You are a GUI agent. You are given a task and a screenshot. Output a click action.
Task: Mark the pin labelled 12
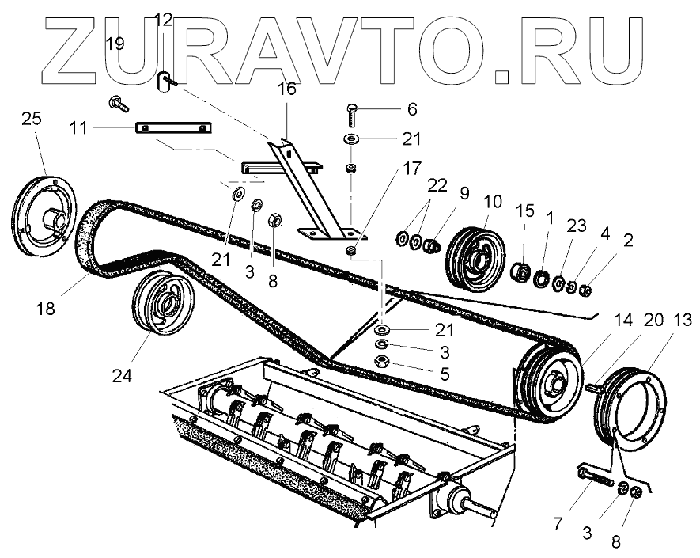pos(166,81)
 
